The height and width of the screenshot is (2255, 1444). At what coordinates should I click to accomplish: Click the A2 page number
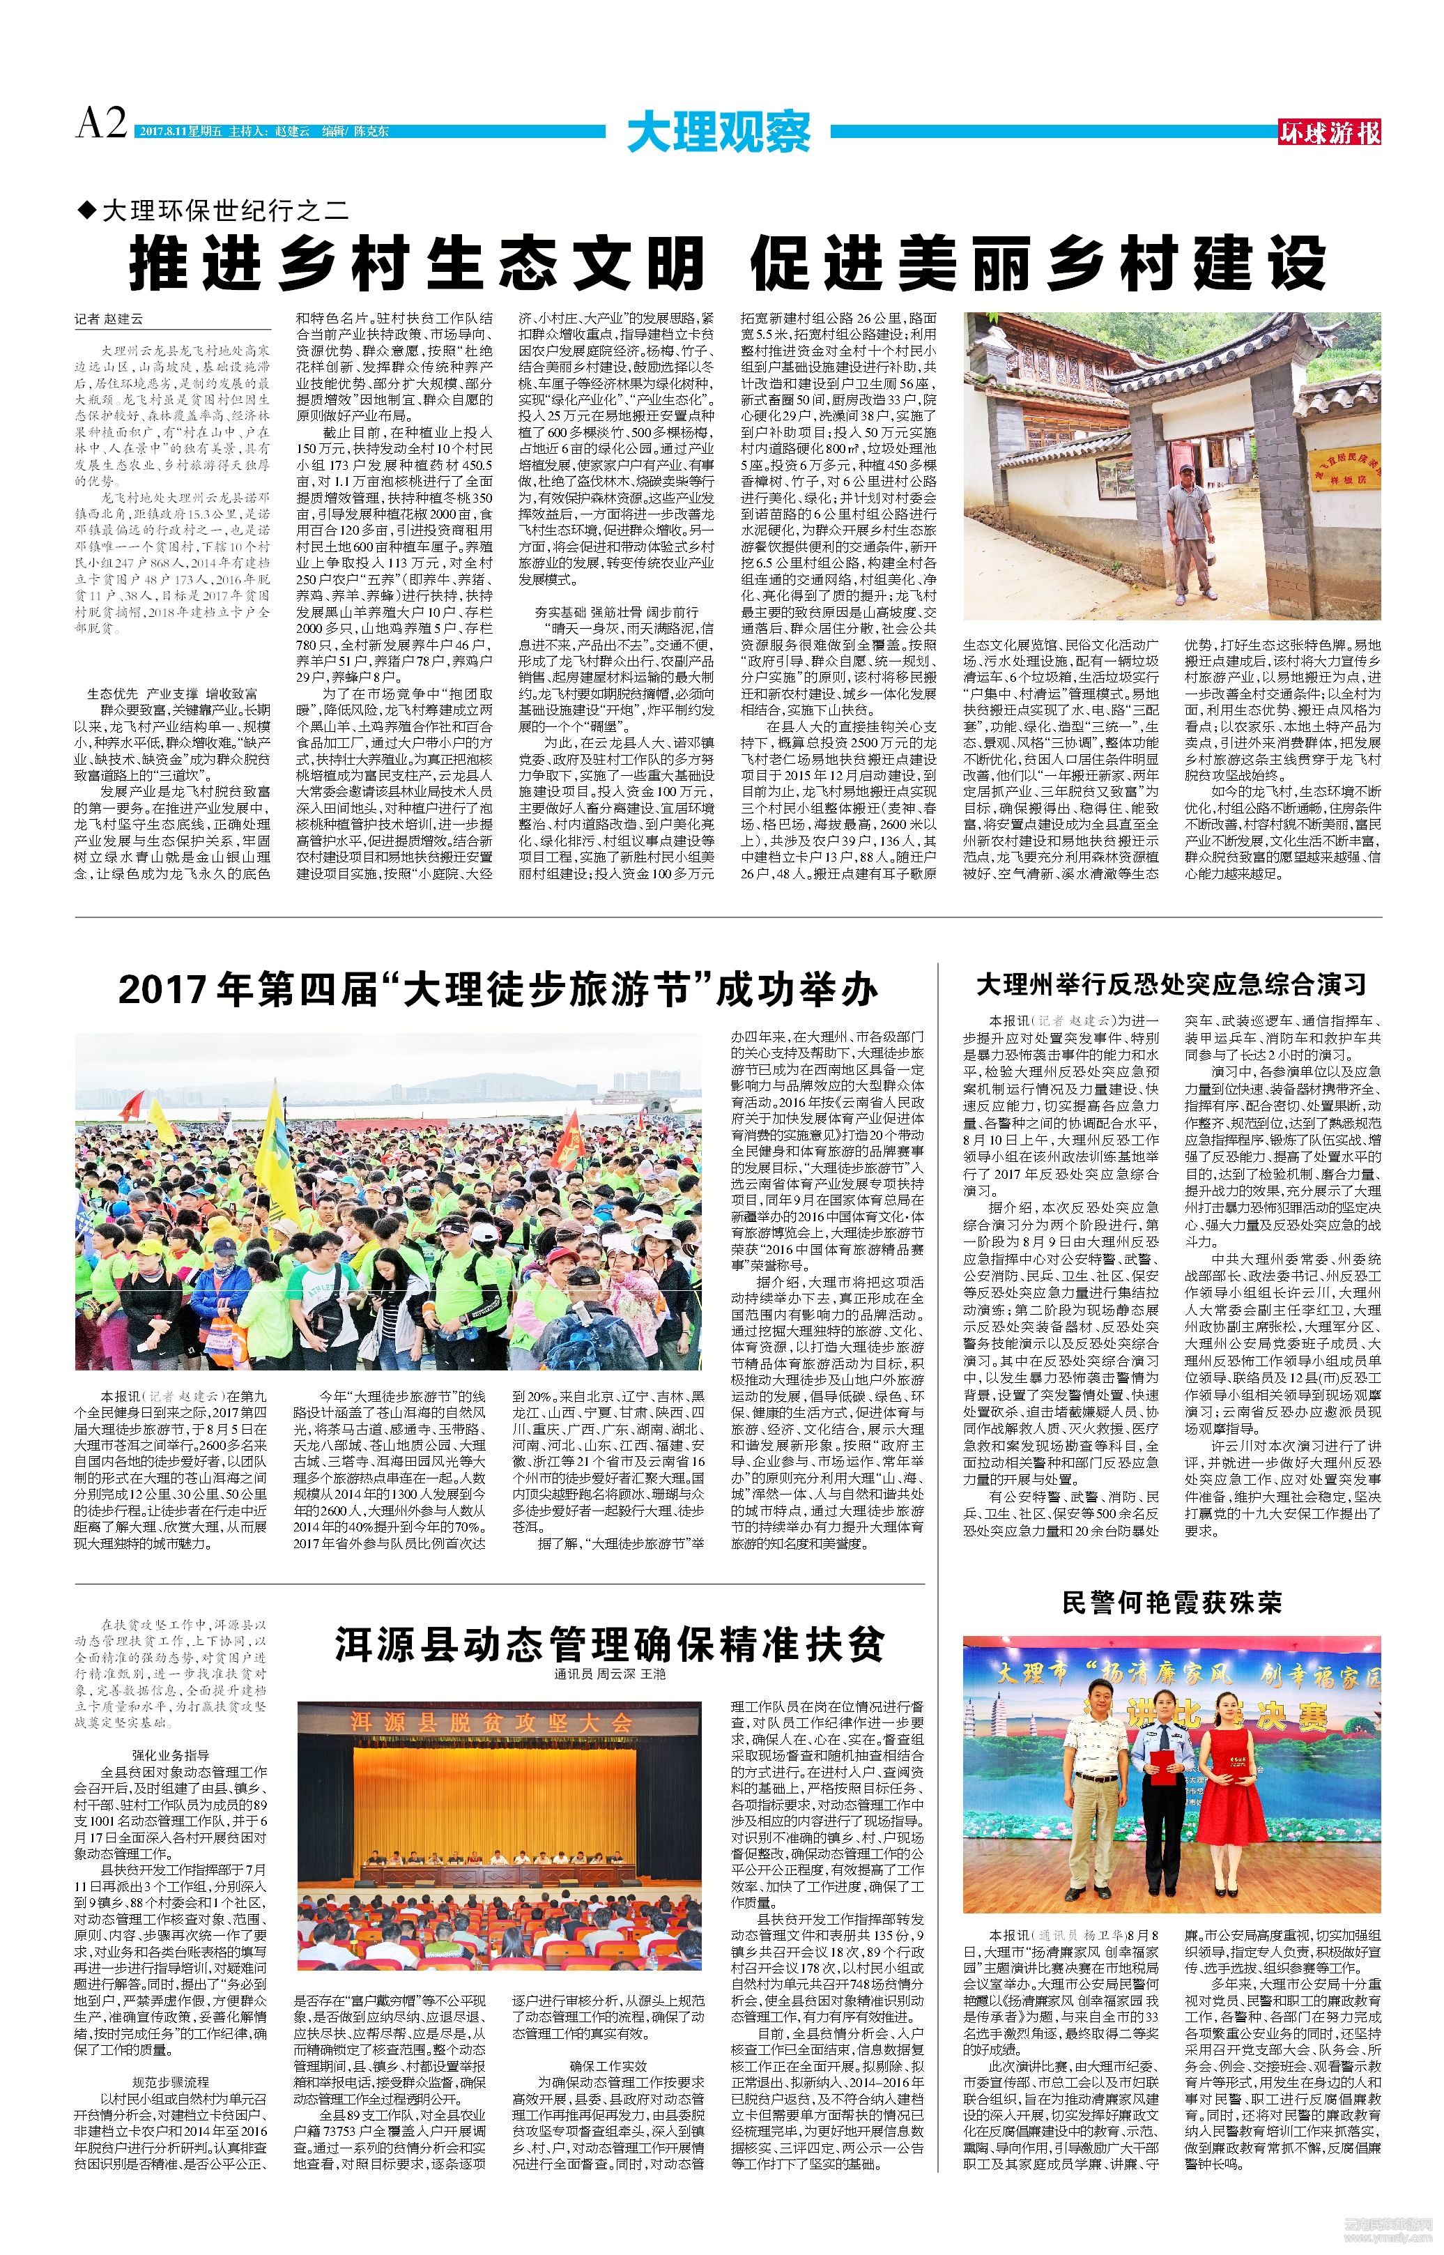[101, 123]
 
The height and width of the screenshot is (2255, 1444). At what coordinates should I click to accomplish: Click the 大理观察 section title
[719, 133]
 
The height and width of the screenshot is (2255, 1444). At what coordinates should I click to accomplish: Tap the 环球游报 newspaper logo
[1330, 133]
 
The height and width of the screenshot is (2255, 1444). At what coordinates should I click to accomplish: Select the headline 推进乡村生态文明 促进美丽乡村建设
[727, 264]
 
